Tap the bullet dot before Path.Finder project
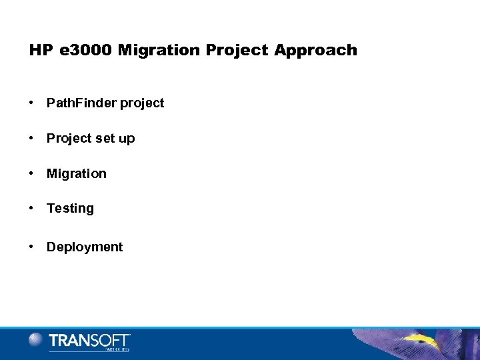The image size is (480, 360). pos(32,103)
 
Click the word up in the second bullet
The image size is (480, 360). pos(127,139)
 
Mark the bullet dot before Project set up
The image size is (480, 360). pos(32,138)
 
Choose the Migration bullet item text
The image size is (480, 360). pos(76,173)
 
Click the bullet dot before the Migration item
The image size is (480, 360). pos(32,173)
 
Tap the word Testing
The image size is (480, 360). pos(70,209)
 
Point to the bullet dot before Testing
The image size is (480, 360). pos(32,208)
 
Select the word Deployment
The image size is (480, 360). pos(85,247)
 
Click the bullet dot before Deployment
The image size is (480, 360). pos(32,247)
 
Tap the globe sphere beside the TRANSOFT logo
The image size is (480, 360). pos(36,340)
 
